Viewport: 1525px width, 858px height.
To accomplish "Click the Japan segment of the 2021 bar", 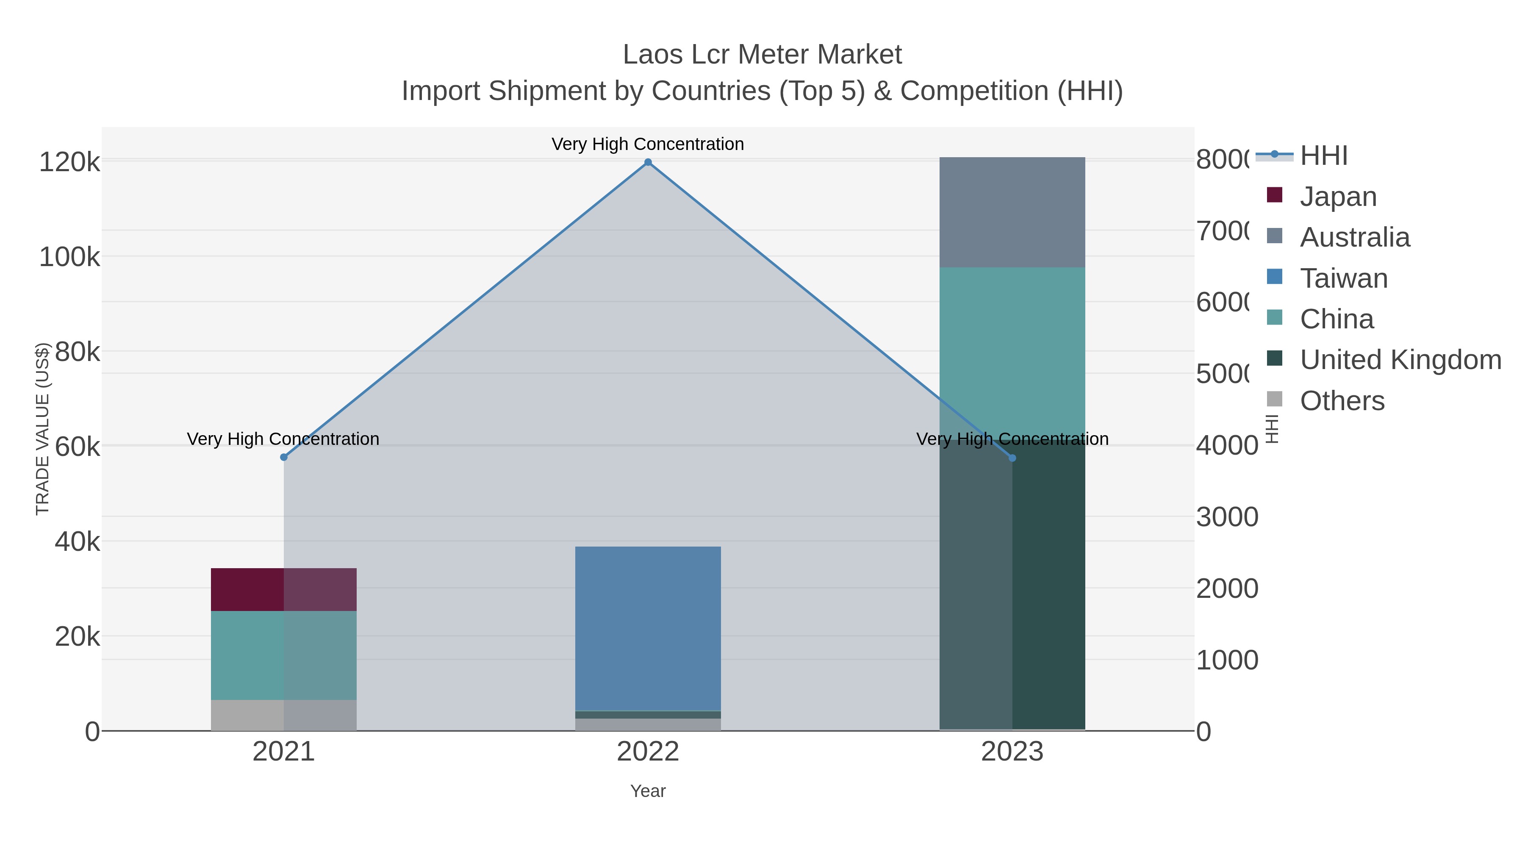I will tap(283, 589).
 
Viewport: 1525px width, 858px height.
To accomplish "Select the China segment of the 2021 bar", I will tap(283, 655).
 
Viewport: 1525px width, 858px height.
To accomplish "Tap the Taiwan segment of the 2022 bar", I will tap(648, 628).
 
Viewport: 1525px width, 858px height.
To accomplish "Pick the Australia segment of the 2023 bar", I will tap(1012, 212).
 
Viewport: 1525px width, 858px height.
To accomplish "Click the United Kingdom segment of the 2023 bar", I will tap(1012, 586).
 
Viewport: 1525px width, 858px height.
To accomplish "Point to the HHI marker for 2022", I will tap(648, 162).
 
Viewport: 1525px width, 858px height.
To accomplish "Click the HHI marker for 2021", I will tap(283, 457).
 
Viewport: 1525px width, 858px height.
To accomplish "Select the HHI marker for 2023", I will tap(1012, 458).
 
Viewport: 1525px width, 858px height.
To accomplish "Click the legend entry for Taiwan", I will tap(1343, 278).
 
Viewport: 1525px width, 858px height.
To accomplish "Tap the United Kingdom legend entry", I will tap(1400, 359).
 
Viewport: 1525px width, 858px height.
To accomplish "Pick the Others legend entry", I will tap(1342, 401).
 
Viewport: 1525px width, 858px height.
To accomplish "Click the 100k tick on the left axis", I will tap(69, 258).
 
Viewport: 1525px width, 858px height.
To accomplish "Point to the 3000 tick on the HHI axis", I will tap(1227, 517).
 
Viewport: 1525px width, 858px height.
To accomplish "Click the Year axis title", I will tap(648, 791).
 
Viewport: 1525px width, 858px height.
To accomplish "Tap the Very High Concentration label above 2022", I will tap(648, 144).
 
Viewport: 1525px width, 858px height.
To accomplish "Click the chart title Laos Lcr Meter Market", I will tap(762, 55).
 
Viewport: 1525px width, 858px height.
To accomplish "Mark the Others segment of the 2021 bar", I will tap(283, 715).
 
